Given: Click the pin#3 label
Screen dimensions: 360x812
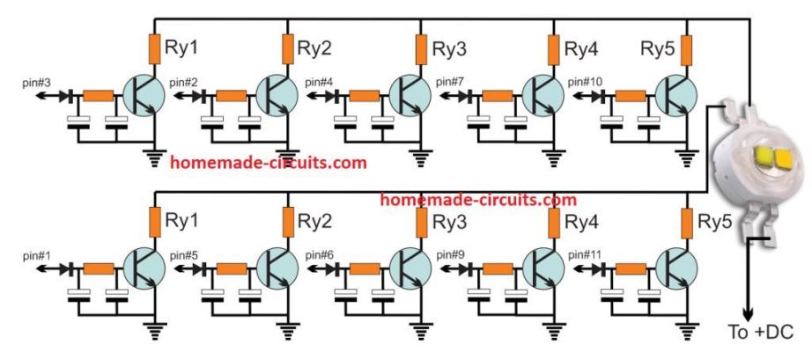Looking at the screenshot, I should tap(39, 82).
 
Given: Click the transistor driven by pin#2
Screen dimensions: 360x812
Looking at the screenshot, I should tap(277, 95).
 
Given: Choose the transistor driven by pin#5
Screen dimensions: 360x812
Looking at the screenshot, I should tap(277, 270).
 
